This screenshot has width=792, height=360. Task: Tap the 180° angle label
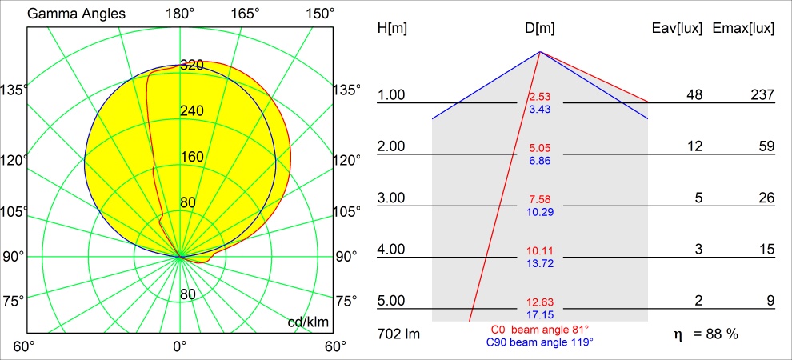(x=180, y=14)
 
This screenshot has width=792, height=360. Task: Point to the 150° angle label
(x=319, y=14)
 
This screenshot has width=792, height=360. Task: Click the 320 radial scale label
(x=192, y=66)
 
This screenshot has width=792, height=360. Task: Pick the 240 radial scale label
(x=192, y=111)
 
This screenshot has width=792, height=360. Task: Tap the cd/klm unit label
(x=308, y=322)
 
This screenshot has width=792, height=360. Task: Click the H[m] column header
(x=391, y=29)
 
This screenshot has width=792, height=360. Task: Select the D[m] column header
(x=540, y=29)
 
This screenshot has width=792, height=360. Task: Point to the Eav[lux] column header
(x=678, y=29)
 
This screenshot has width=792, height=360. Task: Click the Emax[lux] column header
(x=744, y=29)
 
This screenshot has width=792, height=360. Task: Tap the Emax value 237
(x=762, y=95)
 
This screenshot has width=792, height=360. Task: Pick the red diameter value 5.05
(x=540, y=149)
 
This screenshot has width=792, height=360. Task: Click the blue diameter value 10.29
(x=540, y=212)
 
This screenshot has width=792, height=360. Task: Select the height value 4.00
(x=391, y=250)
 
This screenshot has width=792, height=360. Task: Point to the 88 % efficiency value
(x=722, y=334)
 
